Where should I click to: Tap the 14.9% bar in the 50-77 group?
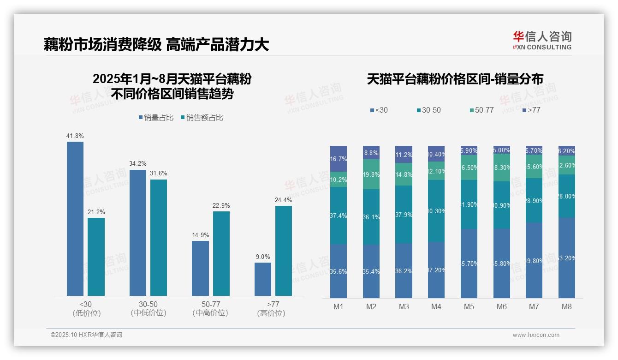tap(200, 268)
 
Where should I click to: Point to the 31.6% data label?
tap(159, 174)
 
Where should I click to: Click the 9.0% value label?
tap(263, 257)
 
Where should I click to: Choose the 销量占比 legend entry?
tap(156, 118)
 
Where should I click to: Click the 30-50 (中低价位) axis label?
tap(148, 308)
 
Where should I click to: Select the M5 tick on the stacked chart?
tap(469, 306)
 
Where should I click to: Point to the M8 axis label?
tap(567, 306)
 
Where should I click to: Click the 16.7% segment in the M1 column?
tap(339, 159)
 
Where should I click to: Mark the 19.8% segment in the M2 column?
tap(371, 174)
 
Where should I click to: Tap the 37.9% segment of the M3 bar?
tap(404, 215)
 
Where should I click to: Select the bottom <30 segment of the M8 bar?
tap(567, 258)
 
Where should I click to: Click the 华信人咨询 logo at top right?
tap(542, 40)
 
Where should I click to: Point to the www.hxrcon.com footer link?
tap(536, 335)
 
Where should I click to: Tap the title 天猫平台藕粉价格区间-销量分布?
tap(455, 79)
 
